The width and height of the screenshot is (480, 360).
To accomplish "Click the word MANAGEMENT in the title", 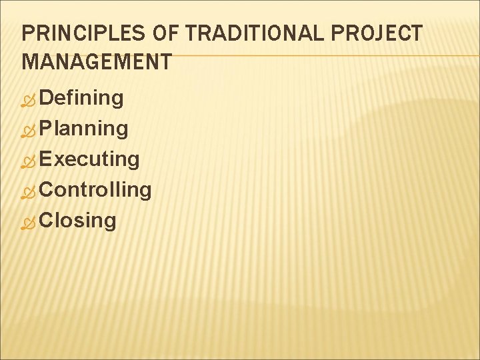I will (97, 63).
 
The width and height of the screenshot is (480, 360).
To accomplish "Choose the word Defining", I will (81, 98).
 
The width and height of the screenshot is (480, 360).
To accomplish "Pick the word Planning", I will (84, 129).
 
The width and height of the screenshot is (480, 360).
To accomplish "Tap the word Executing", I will (89, 159).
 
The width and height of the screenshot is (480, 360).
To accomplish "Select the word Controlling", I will (95, 190).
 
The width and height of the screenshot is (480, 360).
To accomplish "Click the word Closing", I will (78, 221).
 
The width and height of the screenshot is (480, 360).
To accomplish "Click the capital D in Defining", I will (46, 98).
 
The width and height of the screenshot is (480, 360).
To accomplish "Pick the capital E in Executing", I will (46, 159).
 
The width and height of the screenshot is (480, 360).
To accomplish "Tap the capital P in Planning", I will (46, 129).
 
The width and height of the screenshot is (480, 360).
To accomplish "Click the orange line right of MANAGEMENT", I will (320, 55).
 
